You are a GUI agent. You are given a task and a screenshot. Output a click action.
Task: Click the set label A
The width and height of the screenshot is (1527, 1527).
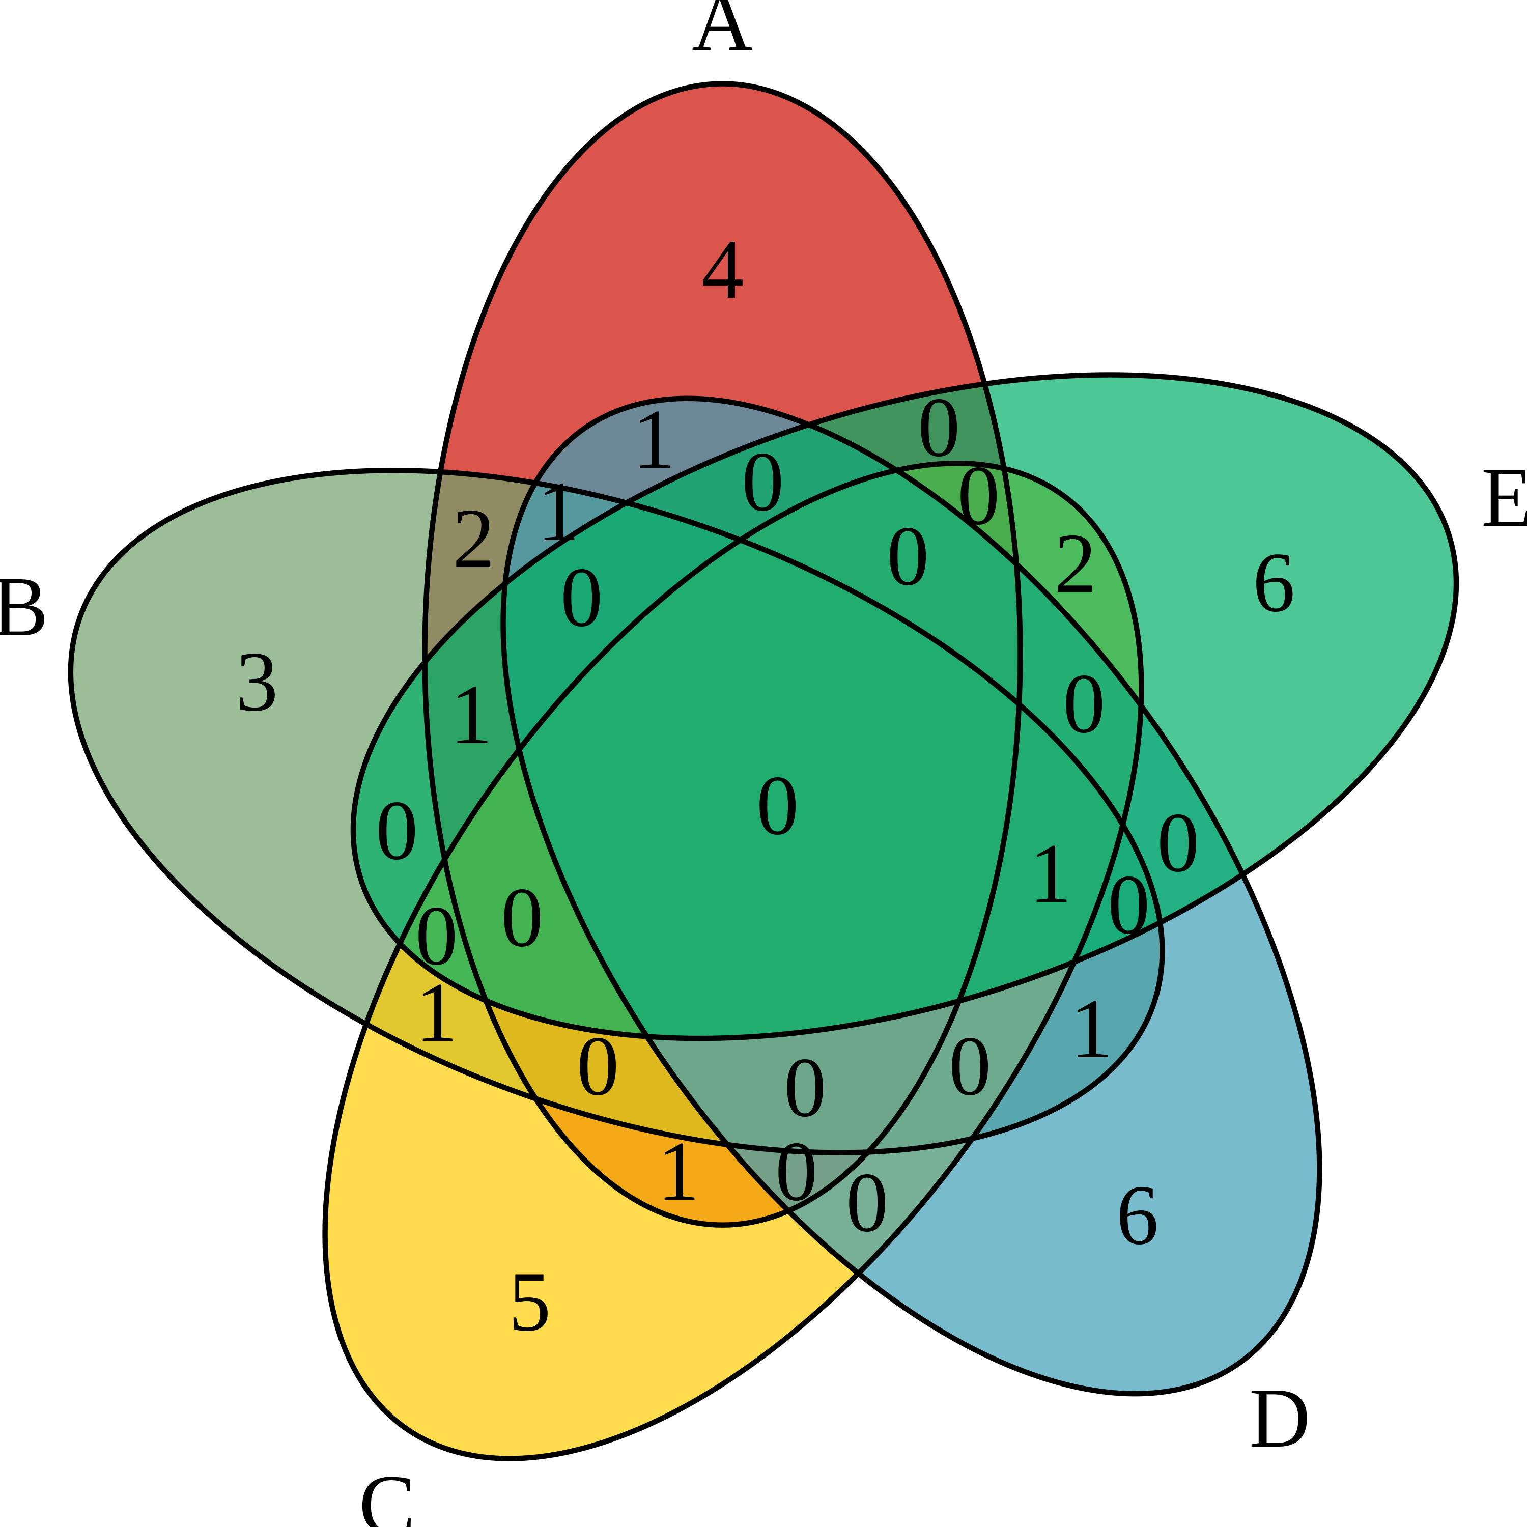pyautogui.click(x=722, y=27)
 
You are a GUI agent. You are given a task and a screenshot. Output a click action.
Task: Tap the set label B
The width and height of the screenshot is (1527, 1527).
pyautogui.click(x=21, y=608)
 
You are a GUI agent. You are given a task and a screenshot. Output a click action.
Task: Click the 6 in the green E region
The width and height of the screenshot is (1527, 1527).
pyautogui.click(x=1274, y=583)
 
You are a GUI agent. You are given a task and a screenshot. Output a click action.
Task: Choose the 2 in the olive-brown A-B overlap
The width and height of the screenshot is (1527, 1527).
pyautogui.click(x=473, y=540)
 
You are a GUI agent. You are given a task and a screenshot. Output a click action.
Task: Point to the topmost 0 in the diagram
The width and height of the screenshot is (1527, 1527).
pyautogui.click(x=938, y=429)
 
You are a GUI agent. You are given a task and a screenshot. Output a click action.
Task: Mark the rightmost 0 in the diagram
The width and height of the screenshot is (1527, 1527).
pyautogui.click(x=1178, y=844)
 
